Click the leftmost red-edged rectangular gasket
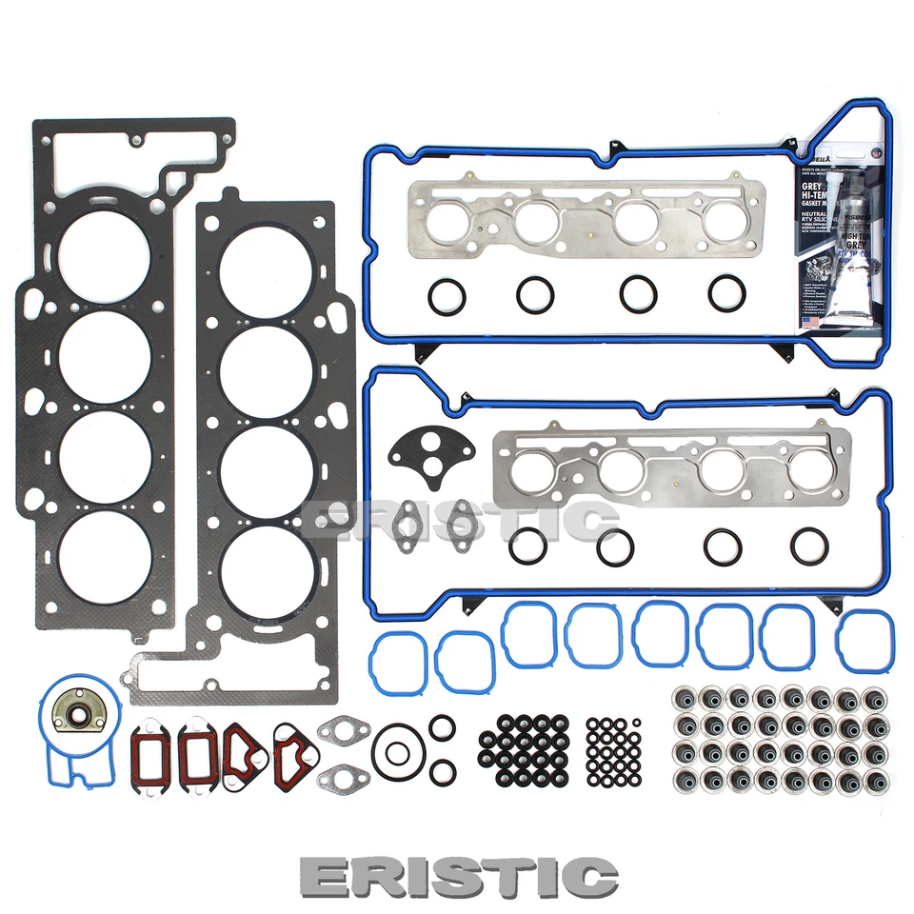(x=149, y=752)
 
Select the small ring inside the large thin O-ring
(x=397, y=752)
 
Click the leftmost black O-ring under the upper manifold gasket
(x=446, y=296)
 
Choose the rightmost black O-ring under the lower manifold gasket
(x=808, y=545)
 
